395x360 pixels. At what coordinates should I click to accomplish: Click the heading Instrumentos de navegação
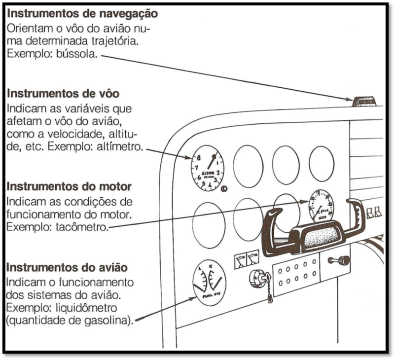pos(82,14)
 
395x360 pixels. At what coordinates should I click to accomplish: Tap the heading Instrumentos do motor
pos(69,187)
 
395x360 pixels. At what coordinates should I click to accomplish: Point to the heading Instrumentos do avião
pos(67,267)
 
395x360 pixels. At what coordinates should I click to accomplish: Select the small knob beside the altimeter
pos(225,189)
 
